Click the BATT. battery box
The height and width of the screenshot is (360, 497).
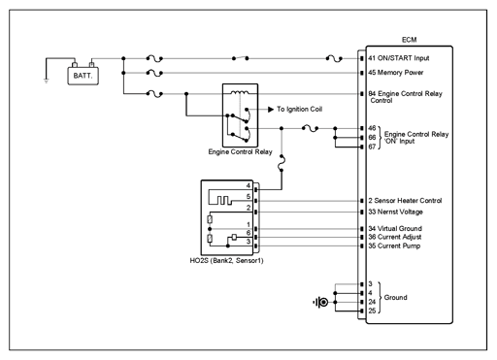pyautogui.click(x=83, y=76)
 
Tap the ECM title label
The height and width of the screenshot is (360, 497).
pyautogui.click(x=409, y=40)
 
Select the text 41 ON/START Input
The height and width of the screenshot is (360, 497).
pyautogui.click(x=399, y=58)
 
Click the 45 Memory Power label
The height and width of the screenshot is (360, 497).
pyautogui.click(x=396, y=73)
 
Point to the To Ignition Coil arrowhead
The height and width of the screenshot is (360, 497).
pyautogui.click(x=271, y=110)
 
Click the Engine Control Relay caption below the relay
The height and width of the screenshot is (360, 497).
pyautogui.click(x=240, y=151)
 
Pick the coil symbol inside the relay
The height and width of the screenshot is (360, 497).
pyautogui.click(x=240, y=92)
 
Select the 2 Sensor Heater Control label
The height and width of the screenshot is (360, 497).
pyautogui.click(x=405, y=201)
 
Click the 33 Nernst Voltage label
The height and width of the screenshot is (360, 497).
pyautogui.click(x=395, y=212)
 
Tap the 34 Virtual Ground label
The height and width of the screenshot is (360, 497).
pyautogui.click(x=395, y=228)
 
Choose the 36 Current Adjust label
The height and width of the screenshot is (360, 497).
pyautogui.click(x=395, y=237)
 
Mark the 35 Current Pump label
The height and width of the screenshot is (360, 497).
pyautogui.click(x=394, y=245)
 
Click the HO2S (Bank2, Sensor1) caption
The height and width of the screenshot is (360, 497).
pyautogui.click(x=226, y=261)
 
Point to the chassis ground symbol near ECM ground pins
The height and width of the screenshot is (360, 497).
pyautogui.click(x=320, y=302)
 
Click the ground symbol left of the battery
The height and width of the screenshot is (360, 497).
pyautogui.click(x=47, y=81)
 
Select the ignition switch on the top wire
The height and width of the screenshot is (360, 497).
pyautogui.click(x=240, y=58)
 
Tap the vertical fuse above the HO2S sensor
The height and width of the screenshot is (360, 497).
pyautogui.click(x=282, y=163)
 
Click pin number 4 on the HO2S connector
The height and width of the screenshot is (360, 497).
pyautogui.click(x=248, y=185)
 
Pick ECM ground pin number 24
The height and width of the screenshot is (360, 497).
pyautogui.click(x=372, y=302)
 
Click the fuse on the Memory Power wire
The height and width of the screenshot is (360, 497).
pyautogui.click(x=154, y=73)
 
